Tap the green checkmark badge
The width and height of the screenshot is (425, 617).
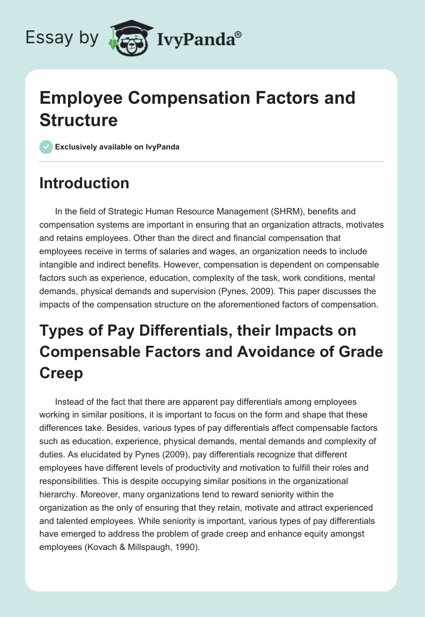tap(46, 147)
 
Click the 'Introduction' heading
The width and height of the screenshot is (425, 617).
tap(84, 183)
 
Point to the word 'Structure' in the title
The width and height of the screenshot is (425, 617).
tap(79, 120)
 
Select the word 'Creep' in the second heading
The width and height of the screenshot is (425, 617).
tap(62, 372)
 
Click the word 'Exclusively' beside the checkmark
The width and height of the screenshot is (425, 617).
tap(76, 147)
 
